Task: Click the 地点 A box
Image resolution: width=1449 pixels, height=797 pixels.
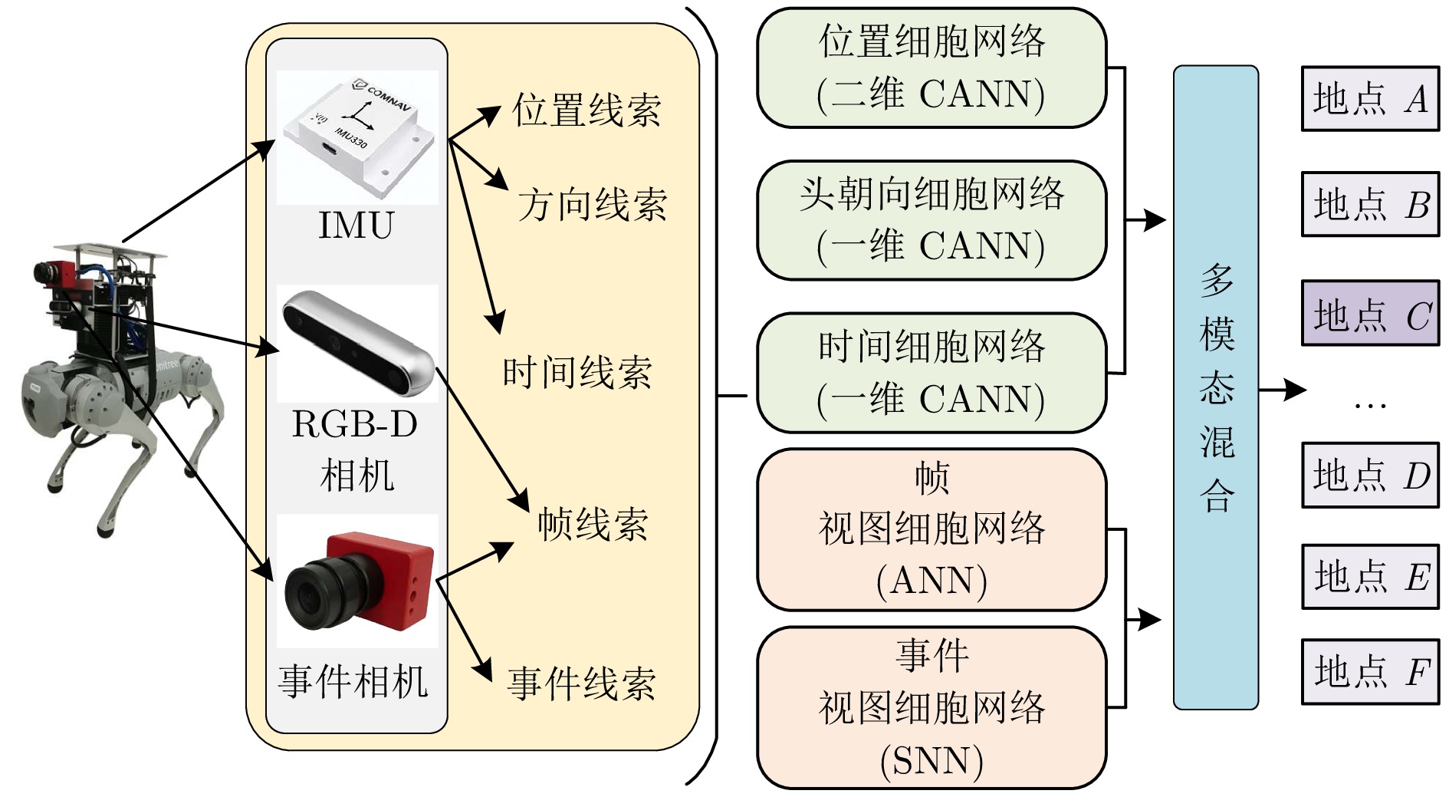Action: (1369, 99)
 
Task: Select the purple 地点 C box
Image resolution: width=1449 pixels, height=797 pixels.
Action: (1369, 314)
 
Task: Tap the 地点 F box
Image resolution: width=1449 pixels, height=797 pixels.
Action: (1369, 671)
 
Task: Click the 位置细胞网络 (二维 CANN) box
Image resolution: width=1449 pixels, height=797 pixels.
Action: (931, 68)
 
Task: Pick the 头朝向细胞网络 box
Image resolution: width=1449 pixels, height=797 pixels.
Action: (931, 220)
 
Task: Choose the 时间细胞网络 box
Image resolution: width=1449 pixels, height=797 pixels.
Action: (931, 373)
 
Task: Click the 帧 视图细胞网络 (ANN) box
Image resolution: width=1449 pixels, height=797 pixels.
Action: (931, 529)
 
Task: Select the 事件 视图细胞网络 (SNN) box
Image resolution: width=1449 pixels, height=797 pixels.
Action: (931, 707)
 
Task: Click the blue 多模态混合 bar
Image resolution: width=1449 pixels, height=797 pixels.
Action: (1215, 387)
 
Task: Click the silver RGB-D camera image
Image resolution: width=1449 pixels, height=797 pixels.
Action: (356, 343)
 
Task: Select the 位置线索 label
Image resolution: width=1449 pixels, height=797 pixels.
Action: (586, 110)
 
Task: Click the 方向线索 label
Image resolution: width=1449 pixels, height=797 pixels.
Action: (592, 206)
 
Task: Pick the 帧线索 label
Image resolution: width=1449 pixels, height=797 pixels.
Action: (592, 525)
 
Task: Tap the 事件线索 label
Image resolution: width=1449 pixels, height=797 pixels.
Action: (581, 683)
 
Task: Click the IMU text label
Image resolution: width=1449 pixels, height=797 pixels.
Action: (356, 226)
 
